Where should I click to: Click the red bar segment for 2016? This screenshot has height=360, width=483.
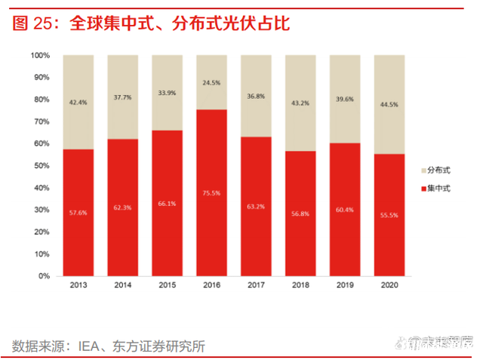211,192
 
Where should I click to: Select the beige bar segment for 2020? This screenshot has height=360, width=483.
389,104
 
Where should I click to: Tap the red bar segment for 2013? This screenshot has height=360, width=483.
78,212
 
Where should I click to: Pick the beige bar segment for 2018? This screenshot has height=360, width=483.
300,103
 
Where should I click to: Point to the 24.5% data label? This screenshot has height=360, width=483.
211,83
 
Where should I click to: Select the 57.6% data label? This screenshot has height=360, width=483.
78,213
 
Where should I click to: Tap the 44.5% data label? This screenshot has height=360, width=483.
389,105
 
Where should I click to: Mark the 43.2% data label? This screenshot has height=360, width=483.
300,103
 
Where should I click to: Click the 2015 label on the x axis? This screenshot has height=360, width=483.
167,286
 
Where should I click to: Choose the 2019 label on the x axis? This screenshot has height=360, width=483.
344,286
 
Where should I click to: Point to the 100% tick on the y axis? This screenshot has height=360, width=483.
40,56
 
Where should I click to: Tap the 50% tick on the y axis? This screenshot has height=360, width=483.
42,166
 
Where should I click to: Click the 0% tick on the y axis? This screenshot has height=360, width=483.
45,276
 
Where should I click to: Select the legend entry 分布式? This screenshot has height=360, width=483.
438,171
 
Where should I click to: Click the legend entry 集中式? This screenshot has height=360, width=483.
438,188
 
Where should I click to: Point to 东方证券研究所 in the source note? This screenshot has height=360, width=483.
159,346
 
